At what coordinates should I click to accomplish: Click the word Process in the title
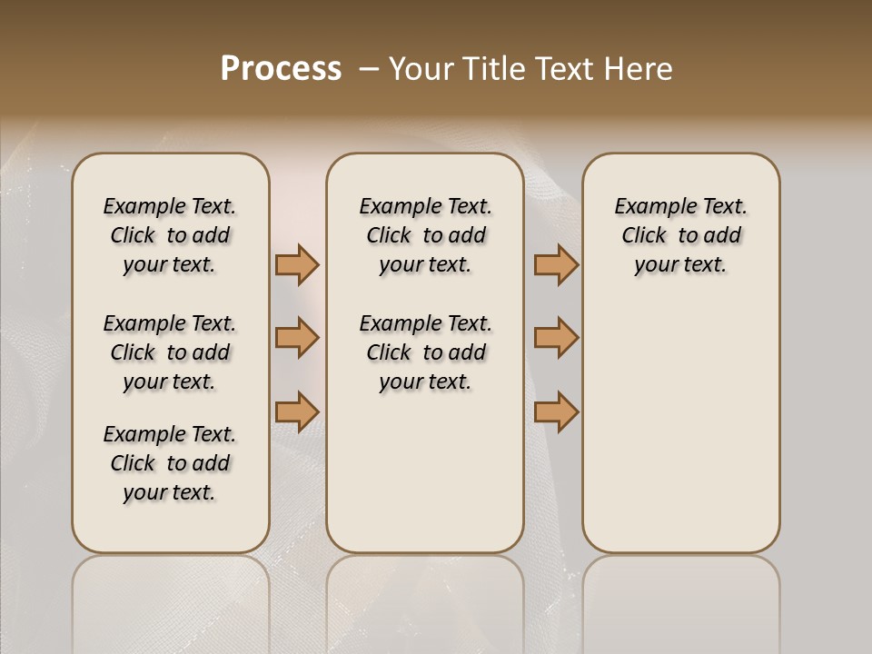click(281, 69)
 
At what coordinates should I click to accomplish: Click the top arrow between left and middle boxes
click(297, 265)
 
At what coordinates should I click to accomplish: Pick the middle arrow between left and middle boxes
click(297, 338)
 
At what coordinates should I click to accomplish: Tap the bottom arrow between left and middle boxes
click(297, 411)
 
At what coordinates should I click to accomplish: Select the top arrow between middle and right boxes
click(556, 265)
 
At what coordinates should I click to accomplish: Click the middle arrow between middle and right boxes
click(556, 338)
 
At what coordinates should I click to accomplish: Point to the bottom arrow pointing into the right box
click(556, 411)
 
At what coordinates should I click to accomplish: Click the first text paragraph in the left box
click(170, 235)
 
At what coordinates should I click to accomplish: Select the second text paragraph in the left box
click(170, 352)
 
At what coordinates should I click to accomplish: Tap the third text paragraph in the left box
click(170, 463)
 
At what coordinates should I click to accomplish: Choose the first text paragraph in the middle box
click(426, 235)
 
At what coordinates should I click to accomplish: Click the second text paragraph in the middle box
click(426, 352)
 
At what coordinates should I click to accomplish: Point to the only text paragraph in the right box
click(681, 235)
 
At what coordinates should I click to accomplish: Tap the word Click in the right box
click(644, 236)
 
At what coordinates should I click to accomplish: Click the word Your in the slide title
click(418, 69)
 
